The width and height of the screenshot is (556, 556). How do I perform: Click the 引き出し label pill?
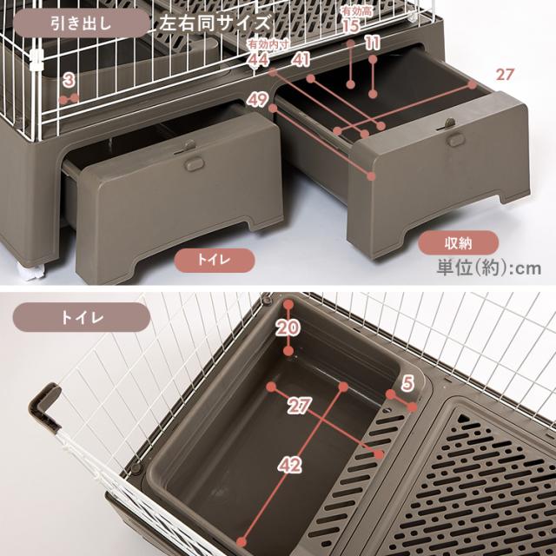point(81,23)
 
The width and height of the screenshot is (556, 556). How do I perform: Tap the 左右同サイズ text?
point(215,23)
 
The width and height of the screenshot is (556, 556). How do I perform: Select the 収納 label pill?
point(458,243)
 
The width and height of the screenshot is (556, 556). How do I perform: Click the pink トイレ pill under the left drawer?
point(215,261)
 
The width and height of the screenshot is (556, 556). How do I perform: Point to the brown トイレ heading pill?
point(81,317)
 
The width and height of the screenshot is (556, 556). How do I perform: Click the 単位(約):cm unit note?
point(489,268)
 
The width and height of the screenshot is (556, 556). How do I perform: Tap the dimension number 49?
point(258,99)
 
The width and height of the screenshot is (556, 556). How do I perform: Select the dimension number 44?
point(259,60)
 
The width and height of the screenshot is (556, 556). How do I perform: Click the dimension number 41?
point(301,60)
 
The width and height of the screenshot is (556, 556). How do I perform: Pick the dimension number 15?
point(351,25)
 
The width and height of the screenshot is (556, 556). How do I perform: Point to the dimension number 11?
point(372,43)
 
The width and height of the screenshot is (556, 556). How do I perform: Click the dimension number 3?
point(69,81)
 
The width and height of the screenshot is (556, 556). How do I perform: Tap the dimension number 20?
point(288,328)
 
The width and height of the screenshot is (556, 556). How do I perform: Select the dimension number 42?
point(290,465)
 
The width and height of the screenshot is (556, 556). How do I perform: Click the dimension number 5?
point(408,383)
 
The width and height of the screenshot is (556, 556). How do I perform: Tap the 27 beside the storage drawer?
point(505,75)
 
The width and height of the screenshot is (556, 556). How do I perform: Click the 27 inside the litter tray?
point(300,406)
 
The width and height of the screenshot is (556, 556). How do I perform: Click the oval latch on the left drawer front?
point(194,164)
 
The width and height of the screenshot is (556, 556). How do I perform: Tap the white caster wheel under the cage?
point(33,272)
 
